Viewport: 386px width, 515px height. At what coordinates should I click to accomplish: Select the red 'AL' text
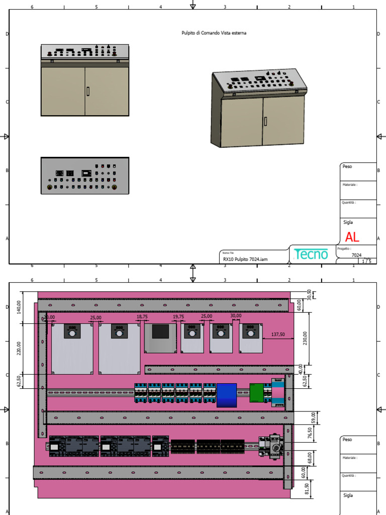(x=352, y=237)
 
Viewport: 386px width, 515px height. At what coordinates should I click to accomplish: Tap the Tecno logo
(x=312, y=254)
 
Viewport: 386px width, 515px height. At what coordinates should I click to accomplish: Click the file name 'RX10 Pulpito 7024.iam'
(x=245, y=259)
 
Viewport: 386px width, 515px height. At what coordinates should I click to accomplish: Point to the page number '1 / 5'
(x=367, y=261)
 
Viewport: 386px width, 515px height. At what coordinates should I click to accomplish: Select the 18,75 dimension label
(x=142, y=317)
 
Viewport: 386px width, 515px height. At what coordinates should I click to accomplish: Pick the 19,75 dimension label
(x=178, y=317)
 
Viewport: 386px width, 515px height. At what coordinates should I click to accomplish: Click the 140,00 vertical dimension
(x=19, y=307)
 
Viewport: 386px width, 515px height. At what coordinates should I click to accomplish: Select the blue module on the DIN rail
(x=226, y=395)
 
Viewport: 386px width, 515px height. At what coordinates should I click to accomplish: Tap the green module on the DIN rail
(x=256, y=393)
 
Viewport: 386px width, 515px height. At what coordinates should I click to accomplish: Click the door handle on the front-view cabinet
(x=88, y=91)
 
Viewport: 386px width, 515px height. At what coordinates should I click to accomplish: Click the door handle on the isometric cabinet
(x=266, y=122)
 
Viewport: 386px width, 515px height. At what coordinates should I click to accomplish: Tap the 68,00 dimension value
(x=309, y=458)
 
